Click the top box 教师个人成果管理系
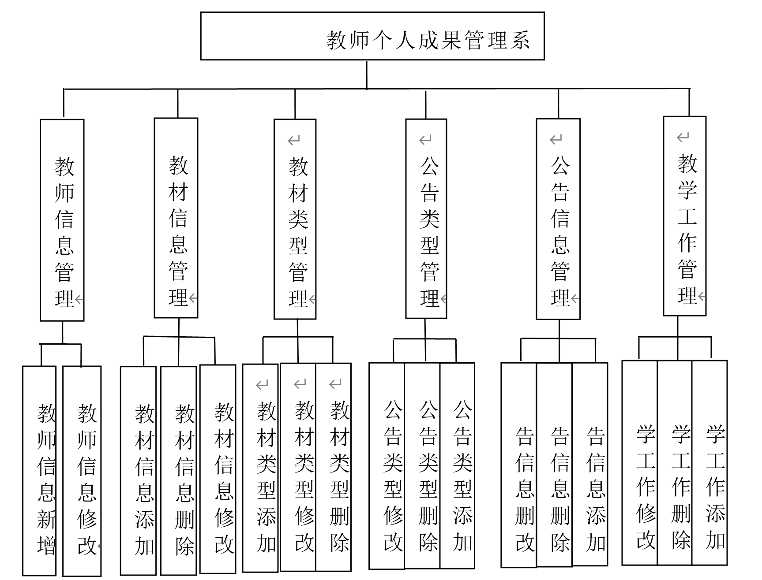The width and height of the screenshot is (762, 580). click(372, 36)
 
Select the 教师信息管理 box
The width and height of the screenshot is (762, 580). click(62, 220)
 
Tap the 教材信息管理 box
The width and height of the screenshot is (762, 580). click(176, 218)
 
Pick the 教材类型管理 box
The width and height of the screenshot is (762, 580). click(295, 219)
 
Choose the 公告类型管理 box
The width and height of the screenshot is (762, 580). click(426, 219)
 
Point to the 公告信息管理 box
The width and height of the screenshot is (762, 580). click(558, 219)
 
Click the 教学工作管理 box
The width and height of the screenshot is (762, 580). click(684, 216)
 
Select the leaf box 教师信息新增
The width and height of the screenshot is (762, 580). click(40, 470)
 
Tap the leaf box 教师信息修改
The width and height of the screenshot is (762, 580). click(82, 471)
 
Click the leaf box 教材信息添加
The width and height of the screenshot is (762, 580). click(139, 471)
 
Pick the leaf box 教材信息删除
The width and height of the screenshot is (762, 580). click(178, 471)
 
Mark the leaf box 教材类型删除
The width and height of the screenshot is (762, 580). click(334, 467)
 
